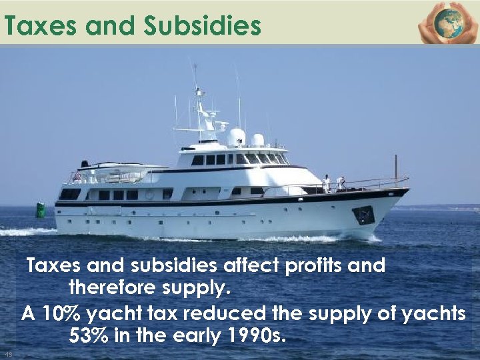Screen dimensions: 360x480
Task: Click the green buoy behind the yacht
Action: tap(41, 211)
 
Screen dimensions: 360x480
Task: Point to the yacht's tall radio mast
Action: tap(197, 100)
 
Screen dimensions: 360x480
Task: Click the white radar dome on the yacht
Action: tap(237, 137)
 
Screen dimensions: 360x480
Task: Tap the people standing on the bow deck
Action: tap(333, 183)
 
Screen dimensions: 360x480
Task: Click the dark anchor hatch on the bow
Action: tap(363, 215)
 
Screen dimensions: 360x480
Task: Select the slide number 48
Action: tap(8, 353)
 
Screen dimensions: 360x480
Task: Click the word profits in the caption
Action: tap(313, 265)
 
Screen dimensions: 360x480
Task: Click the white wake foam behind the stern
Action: tap(27, 232)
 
